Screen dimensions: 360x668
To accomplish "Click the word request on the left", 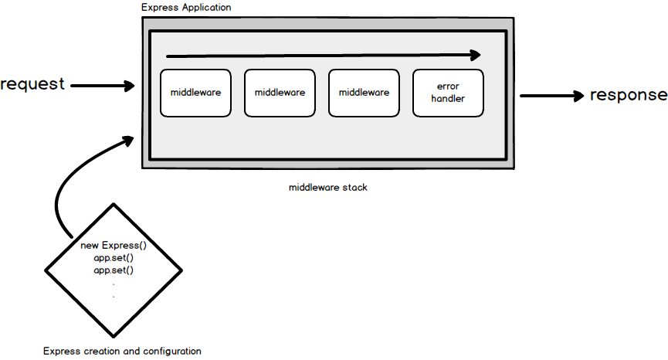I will [x=32, y=84].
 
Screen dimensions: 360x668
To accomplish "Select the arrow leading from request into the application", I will [x=103, y=86].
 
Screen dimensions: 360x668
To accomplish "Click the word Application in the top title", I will [x=203, y=7].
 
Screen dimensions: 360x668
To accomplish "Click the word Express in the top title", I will [x=158, y=7].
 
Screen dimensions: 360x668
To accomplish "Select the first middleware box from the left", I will [x=195, y=93].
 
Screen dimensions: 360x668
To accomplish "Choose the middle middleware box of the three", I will [x=280, y=93].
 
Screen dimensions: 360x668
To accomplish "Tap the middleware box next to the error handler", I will [x=364, y=93].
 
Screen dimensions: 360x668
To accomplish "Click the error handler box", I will [x=448, y=93].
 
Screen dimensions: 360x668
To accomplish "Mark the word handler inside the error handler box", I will [x=448, y=100].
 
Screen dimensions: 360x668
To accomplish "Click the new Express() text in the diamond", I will [x=114, y=246].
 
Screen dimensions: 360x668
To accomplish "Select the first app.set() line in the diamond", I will [x=114, y=258].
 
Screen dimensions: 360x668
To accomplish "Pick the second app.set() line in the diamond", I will [x=114, y=270].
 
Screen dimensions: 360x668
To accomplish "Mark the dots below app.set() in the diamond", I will [x=114, y=290].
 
